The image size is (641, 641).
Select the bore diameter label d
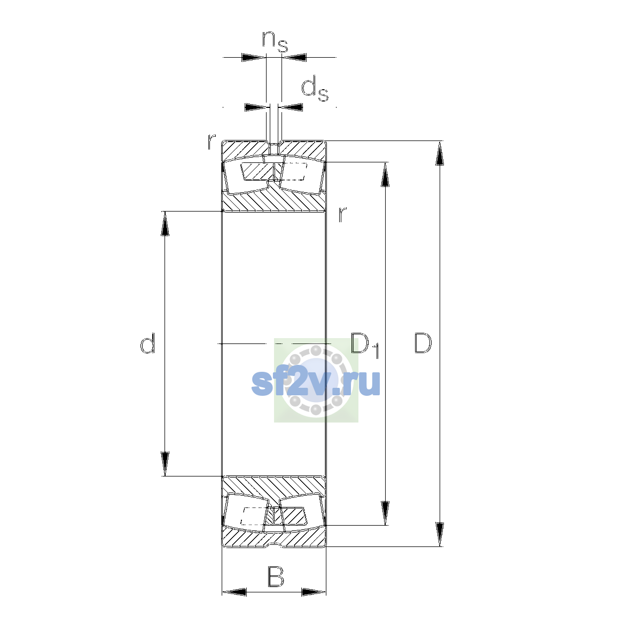pos(147,343)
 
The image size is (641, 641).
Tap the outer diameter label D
pos(423,343)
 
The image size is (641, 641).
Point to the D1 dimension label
pos(365,346)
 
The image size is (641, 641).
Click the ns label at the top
pos(275,42)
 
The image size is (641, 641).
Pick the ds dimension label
pos(315,89)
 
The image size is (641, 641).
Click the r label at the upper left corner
pos(211,141)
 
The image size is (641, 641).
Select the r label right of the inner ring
pos(342,214)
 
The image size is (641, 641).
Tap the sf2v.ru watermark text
pos(316,384)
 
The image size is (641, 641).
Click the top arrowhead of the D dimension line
pos(440,153)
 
